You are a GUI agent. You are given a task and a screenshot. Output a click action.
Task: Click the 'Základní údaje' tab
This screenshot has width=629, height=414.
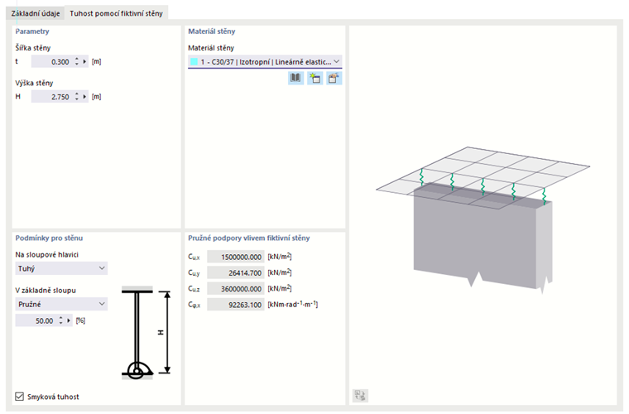click(x=36, y=13)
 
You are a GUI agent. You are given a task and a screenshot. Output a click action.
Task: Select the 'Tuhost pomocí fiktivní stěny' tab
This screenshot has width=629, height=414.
click(x=116, y=13)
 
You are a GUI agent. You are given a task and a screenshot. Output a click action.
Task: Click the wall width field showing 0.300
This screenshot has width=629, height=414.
click(x=52, y=62)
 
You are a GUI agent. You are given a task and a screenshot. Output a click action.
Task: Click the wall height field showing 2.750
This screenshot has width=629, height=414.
click(x=52, y=97)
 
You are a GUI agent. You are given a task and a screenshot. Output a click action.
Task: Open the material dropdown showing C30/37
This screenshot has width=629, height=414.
click(x=265, y=62)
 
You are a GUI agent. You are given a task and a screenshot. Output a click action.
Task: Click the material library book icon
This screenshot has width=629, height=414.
click(x=295, y=78)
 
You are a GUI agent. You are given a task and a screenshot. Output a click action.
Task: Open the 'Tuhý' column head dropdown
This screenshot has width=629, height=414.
click(x=61, y=268)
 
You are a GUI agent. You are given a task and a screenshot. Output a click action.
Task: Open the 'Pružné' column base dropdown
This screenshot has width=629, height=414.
click(x=61, y=304)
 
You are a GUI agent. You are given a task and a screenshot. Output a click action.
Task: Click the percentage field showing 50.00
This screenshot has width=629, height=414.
click(x=37, y=320)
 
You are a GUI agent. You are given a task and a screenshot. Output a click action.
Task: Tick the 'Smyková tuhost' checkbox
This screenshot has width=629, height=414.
click(x=19, y=397)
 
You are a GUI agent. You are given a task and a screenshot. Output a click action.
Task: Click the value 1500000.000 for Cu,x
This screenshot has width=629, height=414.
click(x=236, y=257)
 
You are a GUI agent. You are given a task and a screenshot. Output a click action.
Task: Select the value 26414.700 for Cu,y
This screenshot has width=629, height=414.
click(x=236, y=272)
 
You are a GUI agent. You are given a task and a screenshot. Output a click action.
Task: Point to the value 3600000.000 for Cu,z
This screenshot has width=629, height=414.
click(x=236, y=289)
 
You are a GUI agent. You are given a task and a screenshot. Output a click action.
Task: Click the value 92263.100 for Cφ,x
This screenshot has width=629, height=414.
click(x=236, y=305)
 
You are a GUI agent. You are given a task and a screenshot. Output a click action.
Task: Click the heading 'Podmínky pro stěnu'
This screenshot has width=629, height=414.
click(x=49, y=238)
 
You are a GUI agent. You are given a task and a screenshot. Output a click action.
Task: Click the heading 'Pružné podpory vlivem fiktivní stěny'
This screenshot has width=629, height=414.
click(x=249, y=238)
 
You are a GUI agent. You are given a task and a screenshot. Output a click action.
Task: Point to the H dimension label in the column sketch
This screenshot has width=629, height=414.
click(x=161, y=333)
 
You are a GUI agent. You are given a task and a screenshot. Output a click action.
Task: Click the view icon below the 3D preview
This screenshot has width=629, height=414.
click(x=360, y=396)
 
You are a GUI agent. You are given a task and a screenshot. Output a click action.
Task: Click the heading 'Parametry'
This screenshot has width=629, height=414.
click(x=32, y=31)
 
